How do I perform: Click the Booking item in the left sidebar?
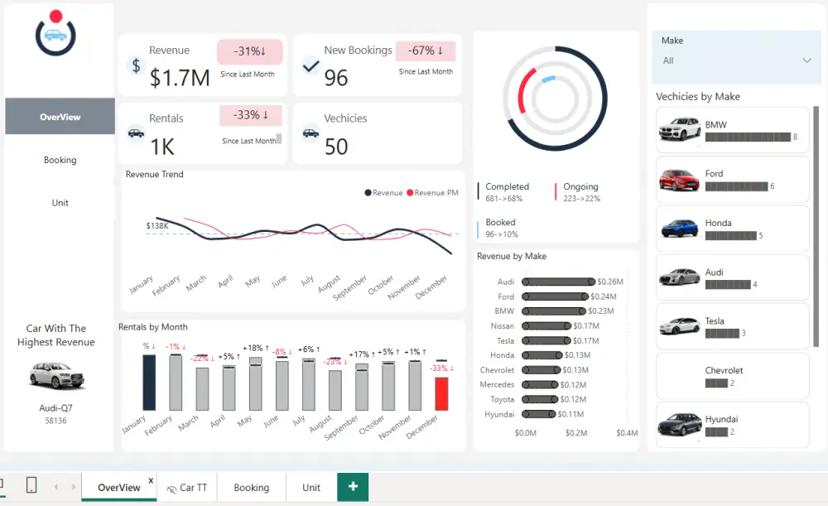[60, 160]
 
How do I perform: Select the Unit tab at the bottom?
[311, 487]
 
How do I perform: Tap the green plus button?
[353, 486]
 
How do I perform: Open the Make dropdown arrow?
[806, 60]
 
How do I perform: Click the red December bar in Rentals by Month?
[441, 393]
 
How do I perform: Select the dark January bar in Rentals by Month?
[149, 383]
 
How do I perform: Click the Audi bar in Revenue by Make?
[558, 282]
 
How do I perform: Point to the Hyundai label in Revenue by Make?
[499, 414]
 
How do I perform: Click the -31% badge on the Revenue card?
[250, 51]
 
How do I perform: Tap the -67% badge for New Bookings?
[426, 51]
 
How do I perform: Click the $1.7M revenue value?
[180, 78]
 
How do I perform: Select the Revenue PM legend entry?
[432, 193]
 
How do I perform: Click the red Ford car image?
[679, 180]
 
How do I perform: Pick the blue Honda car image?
[680, 229]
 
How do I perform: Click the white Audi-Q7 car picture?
[56, 375]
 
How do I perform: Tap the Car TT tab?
[187, 488]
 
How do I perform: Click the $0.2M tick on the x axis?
[576, 433]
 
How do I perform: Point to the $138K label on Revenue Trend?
[157, 225]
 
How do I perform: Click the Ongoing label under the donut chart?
[581, 186]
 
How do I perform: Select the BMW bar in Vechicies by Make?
[748, 137]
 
